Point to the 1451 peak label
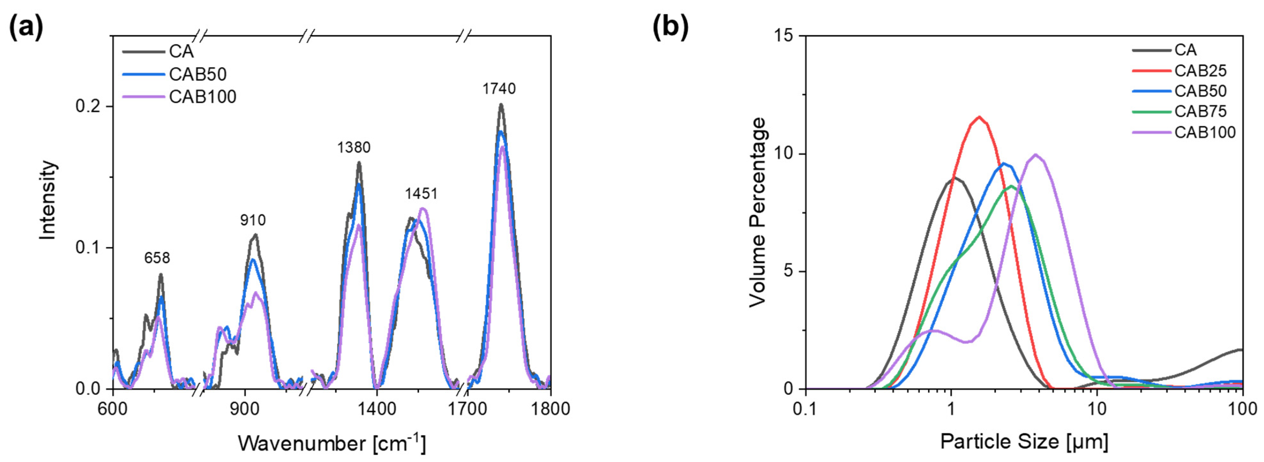pyautogui.click(x=421, y=194)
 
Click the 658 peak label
pyautogui.click(x=157, y=258)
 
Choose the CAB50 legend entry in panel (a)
pyautogui.click(x=197, y=74)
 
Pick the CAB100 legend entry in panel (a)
pyautogui.click(x=202, y=97)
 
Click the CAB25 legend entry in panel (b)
pyautogui.click(x=1200, y=71)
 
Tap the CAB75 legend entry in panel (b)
pyautogui.click(x=1200, y=112)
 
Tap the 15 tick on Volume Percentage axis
pyautogui.click(x=784, y=36)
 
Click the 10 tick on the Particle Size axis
pyautogui.click(x=1097, y=409)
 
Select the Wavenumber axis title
pyautogui.click(x=332, y=443)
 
